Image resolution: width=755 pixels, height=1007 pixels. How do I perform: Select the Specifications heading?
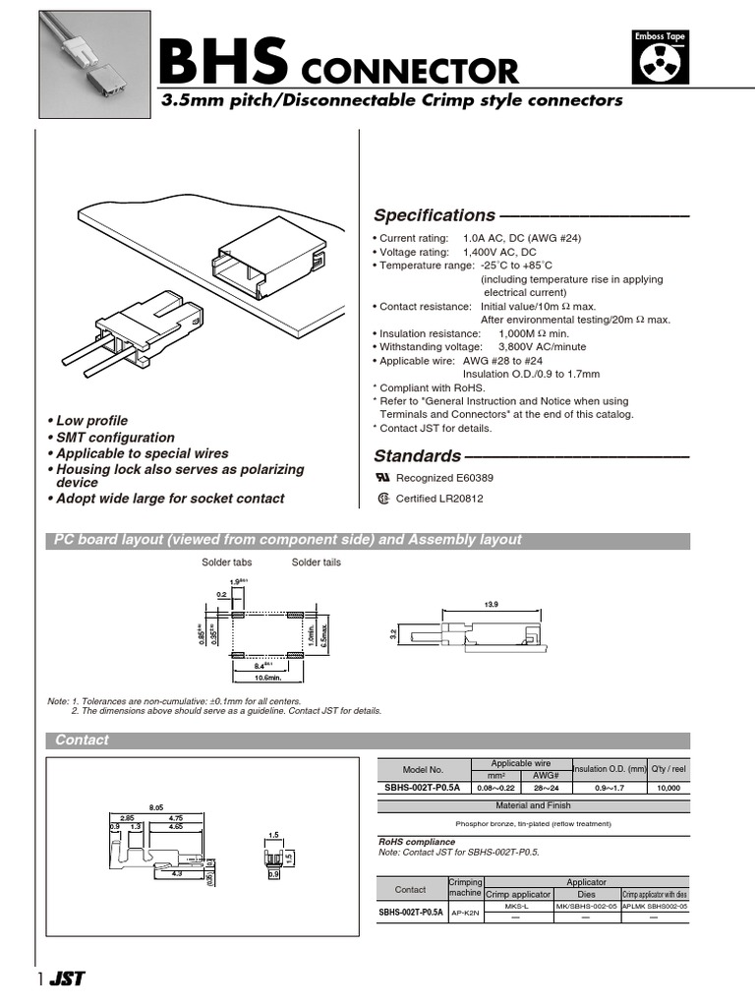(434, 215)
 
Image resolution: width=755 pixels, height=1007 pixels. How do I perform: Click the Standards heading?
(417, 456)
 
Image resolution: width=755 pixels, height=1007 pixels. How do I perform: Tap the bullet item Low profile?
(89, 421)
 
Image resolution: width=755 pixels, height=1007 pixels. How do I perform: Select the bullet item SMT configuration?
(113, 438)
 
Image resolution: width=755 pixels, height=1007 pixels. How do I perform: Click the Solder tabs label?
(227, 562)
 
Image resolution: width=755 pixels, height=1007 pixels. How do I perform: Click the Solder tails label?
(317, 562)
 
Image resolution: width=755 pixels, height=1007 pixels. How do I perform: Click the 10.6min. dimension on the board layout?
(262, 677)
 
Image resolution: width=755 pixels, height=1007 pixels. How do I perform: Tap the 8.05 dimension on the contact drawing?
(155, 804)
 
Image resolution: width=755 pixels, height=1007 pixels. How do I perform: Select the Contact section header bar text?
(82, 740)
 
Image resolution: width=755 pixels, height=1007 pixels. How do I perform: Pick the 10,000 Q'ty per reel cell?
(668, 787)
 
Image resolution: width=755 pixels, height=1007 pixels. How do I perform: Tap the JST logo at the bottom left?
(68, 979)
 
